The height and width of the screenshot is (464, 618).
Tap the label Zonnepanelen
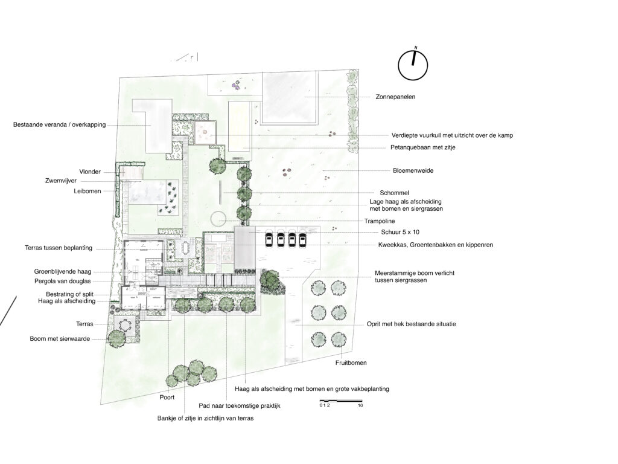395,97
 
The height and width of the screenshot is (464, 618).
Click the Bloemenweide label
413,171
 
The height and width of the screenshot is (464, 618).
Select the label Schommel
394,193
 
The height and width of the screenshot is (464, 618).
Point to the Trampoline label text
380,221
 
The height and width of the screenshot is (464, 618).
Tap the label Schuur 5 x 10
400,233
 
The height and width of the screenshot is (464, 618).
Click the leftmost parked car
269,240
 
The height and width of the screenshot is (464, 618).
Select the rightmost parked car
302,240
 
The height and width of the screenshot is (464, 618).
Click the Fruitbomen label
351,362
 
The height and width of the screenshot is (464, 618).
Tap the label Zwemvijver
61,181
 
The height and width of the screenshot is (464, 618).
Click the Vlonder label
90,172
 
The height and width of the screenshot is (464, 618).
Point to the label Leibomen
88,192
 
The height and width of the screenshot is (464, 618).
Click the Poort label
167,398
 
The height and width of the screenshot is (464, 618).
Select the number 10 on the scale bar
360,405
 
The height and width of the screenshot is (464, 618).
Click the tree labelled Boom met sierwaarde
116,338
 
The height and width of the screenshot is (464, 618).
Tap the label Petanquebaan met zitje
423,147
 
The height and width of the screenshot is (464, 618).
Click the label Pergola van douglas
63,282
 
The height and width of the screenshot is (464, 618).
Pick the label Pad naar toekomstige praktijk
239,405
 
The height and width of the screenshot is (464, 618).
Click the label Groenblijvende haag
63,271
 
